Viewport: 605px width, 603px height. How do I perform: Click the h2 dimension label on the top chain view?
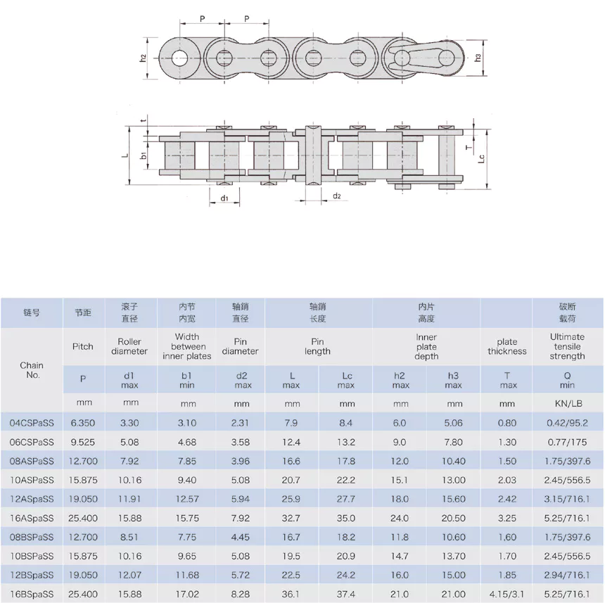(x=143, y=58)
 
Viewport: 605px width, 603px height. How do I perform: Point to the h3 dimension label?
(x=478, y=57)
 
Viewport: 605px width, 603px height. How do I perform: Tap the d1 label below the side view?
(x=224, y=199)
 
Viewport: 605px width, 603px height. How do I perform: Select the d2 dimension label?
(x=336, y=196)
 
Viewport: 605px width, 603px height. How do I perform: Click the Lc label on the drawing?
(x=481, y=159)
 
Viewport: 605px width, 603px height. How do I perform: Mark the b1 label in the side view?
(x=143, y=155)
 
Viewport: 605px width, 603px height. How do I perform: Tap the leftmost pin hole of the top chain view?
(x=180, y=58)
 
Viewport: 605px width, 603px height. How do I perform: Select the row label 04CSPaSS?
(x=32, y=423)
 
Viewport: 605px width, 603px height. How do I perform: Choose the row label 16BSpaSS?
(x=32, y=594)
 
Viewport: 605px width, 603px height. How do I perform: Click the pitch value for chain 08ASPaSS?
(x=83, y=461)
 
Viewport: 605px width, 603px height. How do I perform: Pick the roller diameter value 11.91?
(x=131, y=499)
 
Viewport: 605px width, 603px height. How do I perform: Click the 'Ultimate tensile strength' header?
(x=567, y=346)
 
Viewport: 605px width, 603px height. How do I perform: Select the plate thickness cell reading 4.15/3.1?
(x=507, y=594)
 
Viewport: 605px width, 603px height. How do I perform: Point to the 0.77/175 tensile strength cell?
(x=567, y=442)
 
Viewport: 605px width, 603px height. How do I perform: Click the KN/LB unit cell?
(x=567, y=404)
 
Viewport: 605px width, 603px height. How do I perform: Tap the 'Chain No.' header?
(x=32, y=370)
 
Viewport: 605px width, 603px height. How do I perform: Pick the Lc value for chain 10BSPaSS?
(x=347, y=556)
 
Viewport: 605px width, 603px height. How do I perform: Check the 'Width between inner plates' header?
(x=188, y=346)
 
